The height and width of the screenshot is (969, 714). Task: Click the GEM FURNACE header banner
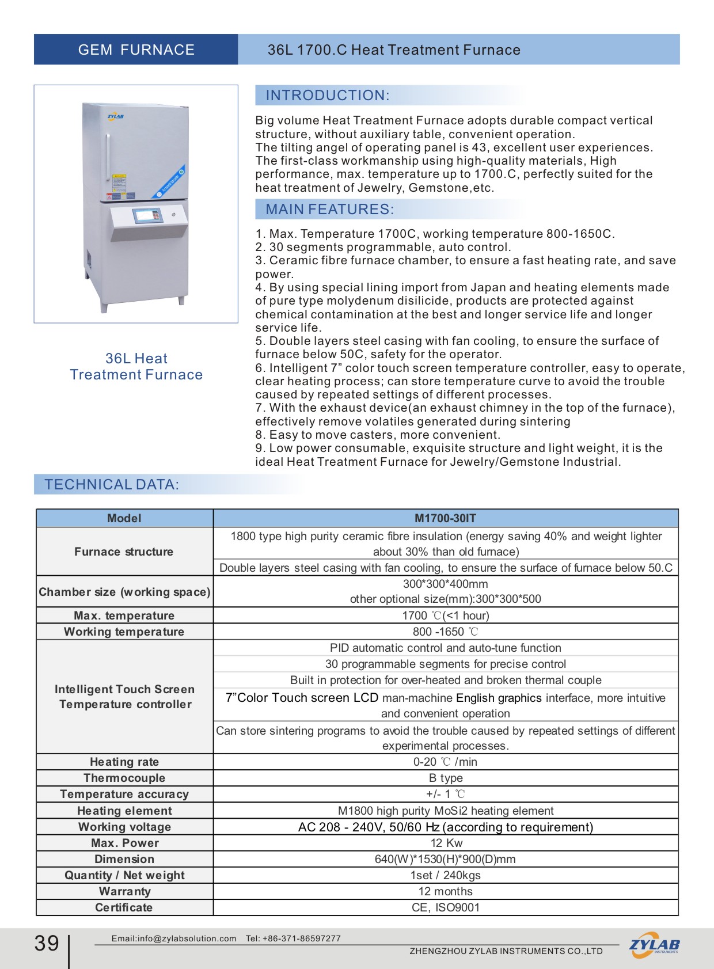[136, 50]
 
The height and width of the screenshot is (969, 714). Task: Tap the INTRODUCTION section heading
[327, 96]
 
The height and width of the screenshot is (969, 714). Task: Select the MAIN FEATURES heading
[329, 210]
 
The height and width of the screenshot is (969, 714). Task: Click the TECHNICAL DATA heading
[112, 485]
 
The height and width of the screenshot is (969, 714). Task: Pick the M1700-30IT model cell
[445, 518]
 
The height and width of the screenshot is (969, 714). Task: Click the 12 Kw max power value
[446, 843]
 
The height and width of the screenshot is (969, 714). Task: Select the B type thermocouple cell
[446, 778]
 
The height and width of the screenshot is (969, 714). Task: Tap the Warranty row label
[124, 891]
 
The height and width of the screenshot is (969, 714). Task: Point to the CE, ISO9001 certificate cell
[446, 907]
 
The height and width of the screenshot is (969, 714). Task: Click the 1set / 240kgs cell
[445, 875]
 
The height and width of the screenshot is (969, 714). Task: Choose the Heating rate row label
[124, 762]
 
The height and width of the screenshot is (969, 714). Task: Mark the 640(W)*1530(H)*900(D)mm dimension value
[445, 859]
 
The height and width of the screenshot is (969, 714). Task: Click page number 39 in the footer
[47, 943]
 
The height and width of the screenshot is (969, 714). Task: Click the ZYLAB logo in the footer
[654, 945]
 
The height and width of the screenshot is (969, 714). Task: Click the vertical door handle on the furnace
[107, 155]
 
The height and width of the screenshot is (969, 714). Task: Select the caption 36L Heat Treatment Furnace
[136, 367]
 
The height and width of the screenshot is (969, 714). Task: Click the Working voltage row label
[124, 827]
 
